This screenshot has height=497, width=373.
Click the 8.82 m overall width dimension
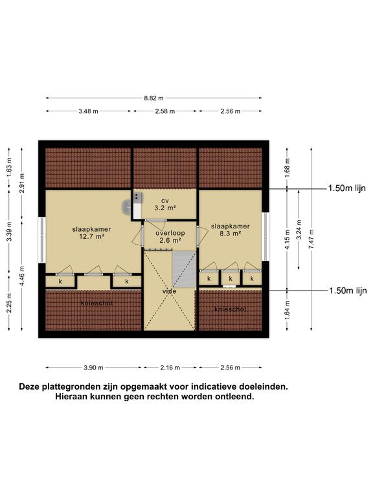pos(154,98)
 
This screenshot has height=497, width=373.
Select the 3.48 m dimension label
pos(89,111)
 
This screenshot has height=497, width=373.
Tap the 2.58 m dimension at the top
pos(165,111)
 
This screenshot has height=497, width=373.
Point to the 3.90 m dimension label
pos(93,368)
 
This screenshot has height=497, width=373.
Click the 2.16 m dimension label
pos(170,368)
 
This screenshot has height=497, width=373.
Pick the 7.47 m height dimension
pos(311,239)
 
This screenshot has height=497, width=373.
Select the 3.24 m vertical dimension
pos(299,230)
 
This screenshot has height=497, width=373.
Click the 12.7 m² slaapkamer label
pos(92,233)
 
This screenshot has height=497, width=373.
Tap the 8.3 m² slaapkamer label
pos(231,230)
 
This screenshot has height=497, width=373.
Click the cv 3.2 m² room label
pos(165,204)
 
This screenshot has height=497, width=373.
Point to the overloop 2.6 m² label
pos(170,237)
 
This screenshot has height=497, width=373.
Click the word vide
pos(170,291)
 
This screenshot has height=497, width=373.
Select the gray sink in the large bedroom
pos(126,206)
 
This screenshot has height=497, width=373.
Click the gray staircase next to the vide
pos(184,269)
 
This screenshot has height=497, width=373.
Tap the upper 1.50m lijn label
pos(346,188)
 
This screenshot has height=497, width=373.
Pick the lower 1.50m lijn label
pos(348,291)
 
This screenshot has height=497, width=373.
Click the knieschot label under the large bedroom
pos(96,303)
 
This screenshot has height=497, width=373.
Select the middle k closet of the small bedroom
pos(231,279)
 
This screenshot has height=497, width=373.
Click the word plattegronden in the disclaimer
pos(74,387)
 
